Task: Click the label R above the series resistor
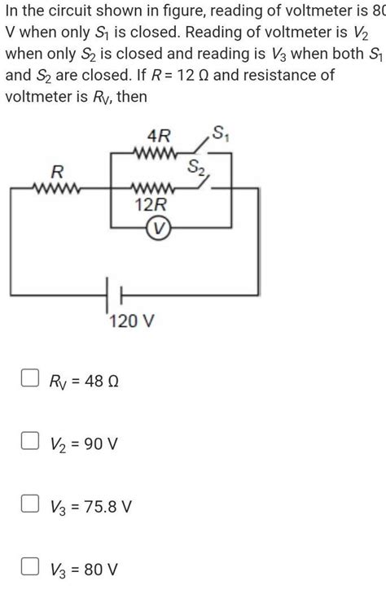point(56,172)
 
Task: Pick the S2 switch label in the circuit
point(196,168)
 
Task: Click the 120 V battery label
point(130,323)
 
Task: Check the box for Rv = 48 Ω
point(29,379)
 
